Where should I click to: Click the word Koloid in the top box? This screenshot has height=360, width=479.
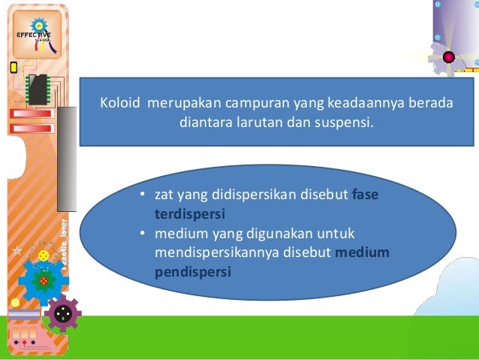[x=121, y=104]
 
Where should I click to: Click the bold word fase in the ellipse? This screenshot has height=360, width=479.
[x=366, y=195]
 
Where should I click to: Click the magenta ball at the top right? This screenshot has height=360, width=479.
[x=449, y=57]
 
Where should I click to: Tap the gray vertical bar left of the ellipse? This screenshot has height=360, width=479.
[x=67, y=157]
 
